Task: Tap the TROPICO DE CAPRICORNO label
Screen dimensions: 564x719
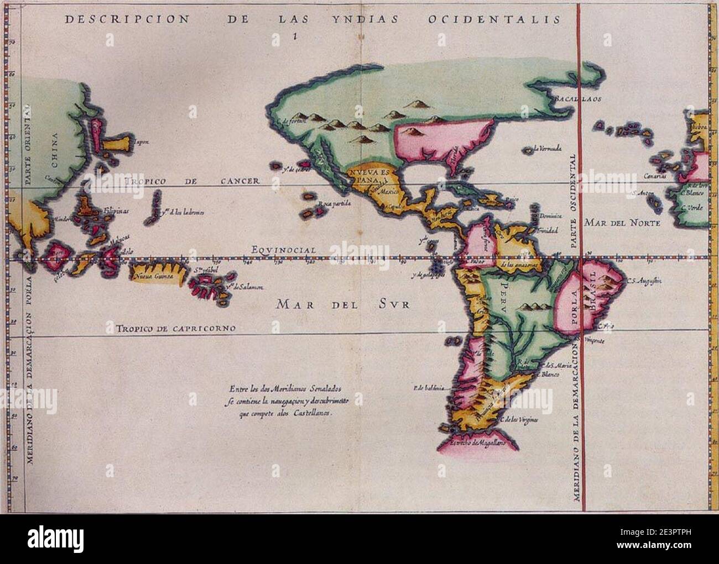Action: pyautogui.click(x=176, y=329)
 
